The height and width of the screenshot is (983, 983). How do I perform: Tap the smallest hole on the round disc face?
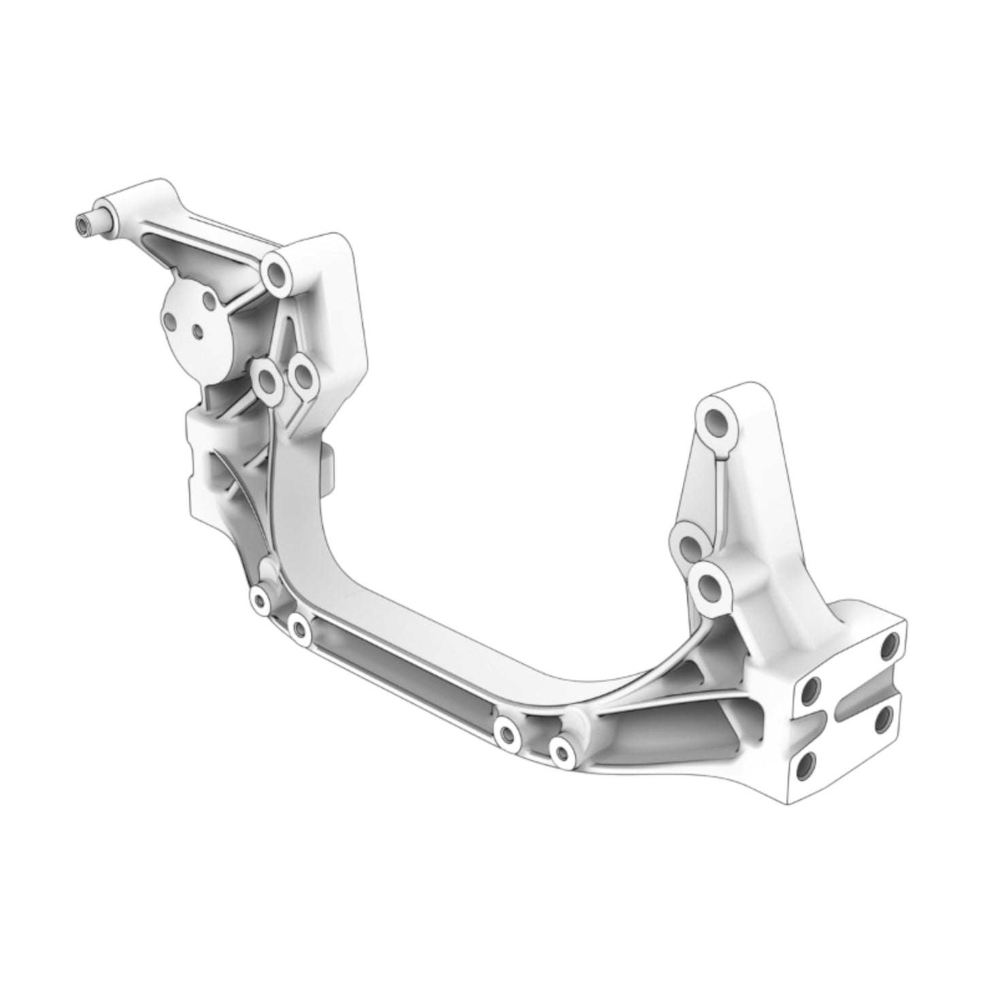pyautogui.click(x=197, y=331)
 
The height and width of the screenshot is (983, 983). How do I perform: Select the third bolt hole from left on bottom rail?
pyautogui.click(x=506, y=733)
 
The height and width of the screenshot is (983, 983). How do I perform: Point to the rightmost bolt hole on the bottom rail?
pyautogui.click(x=561, y=752)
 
